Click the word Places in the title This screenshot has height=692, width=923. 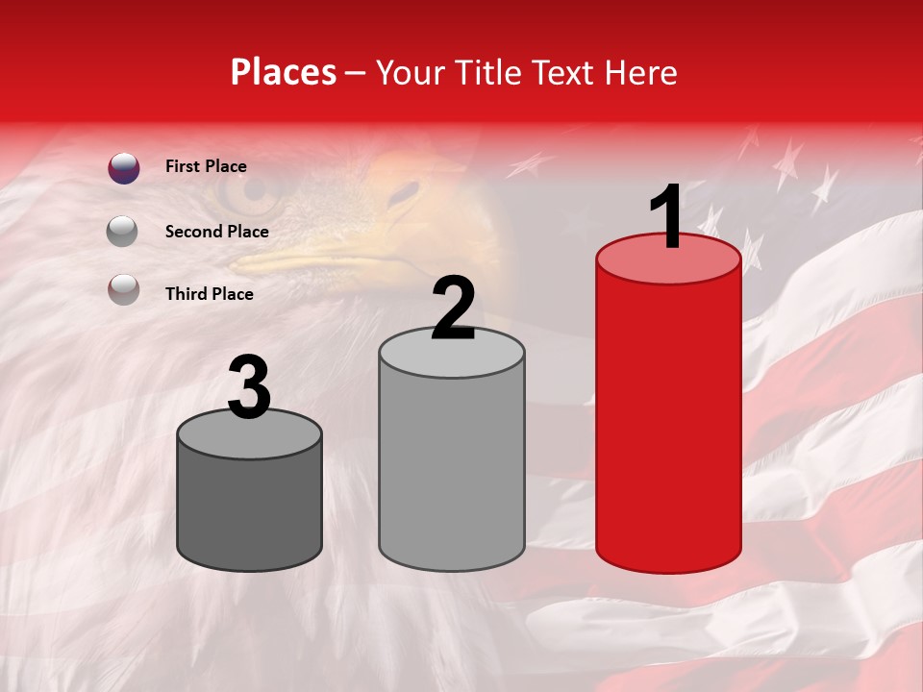(x=284, y=72)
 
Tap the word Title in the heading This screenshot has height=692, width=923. (x=487, y=72)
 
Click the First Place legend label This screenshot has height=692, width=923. (x=206, y=166)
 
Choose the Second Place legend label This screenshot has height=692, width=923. (x=216, y=231)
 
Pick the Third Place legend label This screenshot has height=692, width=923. (x=209, y=294)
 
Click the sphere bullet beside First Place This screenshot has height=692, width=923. (x=124, y=168)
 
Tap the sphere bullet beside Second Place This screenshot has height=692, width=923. (x=123, y=231)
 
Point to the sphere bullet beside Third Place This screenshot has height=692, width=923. (x=123, y=289)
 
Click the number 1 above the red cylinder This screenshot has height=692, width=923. (x=667, y=217)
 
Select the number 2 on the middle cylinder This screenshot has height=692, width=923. (x=453, y=309)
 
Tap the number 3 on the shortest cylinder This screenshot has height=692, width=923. (x=250, y=388)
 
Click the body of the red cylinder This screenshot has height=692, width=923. (x=668, y=423)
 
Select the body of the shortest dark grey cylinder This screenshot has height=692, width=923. (x=250, y=509)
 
